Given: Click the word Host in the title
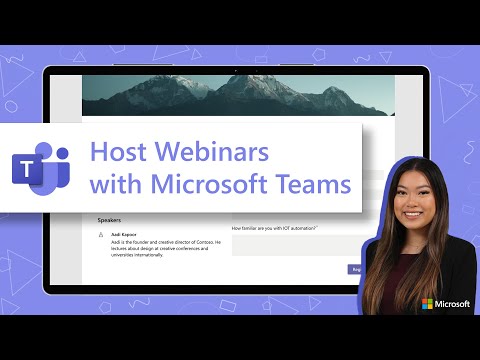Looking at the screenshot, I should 116,152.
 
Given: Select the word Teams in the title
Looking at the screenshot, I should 314,185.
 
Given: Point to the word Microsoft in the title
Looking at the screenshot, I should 204,185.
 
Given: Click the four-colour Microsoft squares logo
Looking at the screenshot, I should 428,304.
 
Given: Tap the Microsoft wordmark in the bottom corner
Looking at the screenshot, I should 455,304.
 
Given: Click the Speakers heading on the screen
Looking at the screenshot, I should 113,218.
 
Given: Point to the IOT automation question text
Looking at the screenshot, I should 274,228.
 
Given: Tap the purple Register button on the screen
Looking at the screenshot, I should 354,268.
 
